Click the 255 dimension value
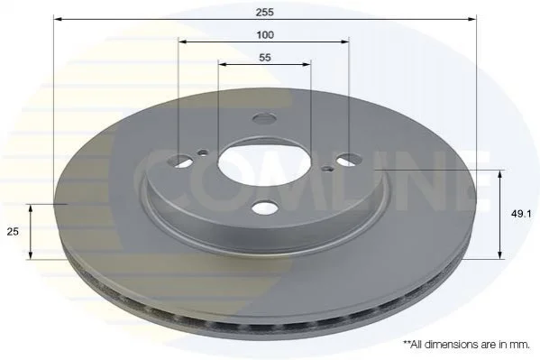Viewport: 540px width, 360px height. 264,12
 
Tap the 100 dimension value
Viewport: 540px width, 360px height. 265,35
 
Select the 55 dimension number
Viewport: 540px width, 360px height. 265,57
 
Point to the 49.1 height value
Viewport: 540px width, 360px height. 521,214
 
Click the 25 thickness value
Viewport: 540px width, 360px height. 13,232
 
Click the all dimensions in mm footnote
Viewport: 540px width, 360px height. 466,344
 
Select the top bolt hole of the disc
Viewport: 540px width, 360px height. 264,119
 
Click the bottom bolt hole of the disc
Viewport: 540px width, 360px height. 264,208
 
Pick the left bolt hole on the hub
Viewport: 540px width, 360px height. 180,161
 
